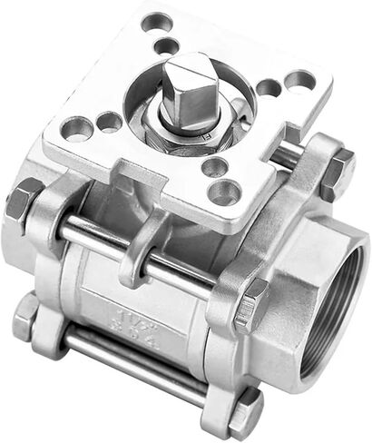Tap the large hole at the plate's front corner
tap(225, 191)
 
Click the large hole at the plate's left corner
tap(76, 129)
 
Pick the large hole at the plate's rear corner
tap(157, 21)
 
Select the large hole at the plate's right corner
tap(299, 82)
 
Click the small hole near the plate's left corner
tap(109, 121)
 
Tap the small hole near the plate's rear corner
tap(165, 44)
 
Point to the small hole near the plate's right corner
tap(269, 88)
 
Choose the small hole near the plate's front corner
tap(214, 167)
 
